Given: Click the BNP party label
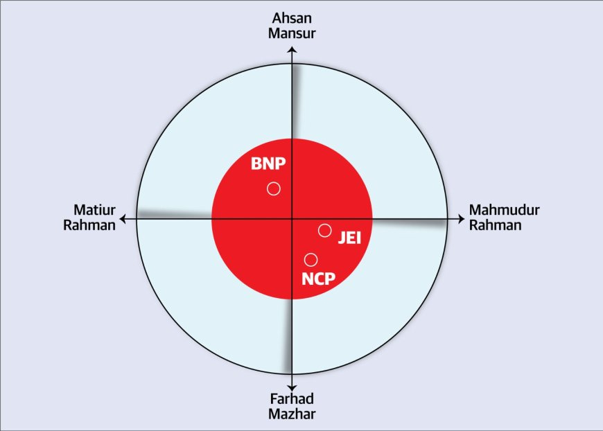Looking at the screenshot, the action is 268,165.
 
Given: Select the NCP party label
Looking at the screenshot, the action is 319,279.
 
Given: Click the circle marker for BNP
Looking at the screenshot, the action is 274,188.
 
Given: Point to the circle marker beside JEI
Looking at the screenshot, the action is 324,230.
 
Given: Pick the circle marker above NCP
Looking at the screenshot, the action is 311,260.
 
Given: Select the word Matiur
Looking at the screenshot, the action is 94,210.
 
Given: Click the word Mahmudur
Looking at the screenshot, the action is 505,210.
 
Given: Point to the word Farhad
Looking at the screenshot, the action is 292,401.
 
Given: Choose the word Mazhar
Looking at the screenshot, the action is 292,414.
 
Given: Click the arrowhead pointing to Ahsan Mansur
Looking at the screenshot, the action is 292,50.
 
